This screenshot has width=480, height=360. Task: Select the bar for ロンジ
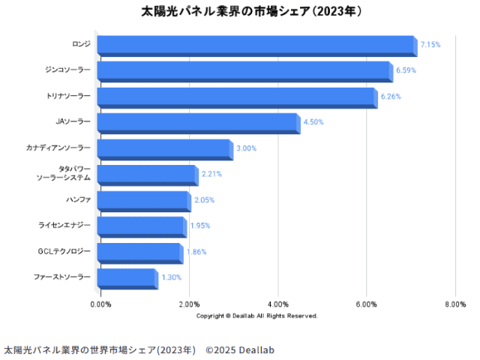pos(256,46)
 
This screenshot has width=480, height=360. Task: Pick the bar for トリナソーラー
pos(236,97)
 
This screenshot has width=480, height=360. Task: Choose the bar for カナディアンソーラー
pos(164,149)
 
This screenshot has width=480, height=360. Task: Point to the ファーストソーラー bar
pos(127,278)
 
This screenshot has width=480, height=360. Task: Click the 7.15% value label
pos(430,45)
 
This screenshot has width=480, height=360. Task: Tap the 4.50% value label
pos(313,122)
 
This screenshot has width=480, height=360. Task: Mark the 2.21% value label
pos(211,174)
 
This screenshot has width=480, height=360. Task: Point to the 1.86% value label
pos(196,252)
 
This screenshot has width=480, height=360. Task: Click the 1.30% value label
pos(171,277)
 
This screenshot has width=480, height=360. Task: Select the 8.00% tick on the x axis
pos(455,304)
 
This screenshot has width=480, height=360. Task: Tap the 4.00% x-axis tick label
pos(278,304)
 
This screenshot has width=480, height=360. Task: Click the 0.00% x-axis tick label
pos(100,304)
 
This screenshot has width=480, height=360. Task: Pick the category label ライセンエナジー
pos(64,225)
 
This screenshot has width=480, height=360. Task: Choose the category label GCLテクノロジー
pos(64,251)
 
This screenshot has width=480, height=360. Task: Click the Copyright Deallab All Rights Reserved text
pos(257,316)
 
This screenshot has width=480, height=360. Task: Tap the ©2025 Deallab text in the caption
pos(240,350)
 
